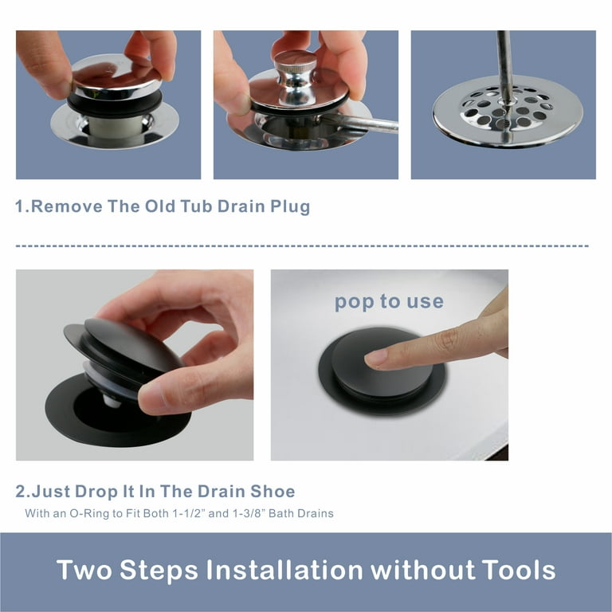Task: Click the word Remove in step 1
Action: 67,206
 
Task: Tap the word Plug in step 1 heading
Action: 290,207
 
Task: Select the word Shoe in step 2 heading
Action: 273,492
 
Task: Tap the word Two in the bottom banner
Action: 84,570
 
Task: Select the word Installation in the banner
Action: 284,570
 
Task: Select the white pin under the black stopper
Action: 111,401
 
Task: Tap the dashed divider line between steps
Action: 302,246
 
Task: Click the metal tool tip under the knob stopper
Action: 359,124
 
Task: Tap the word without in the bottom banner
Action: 422,570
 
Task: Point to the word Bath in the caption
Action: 280,513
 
